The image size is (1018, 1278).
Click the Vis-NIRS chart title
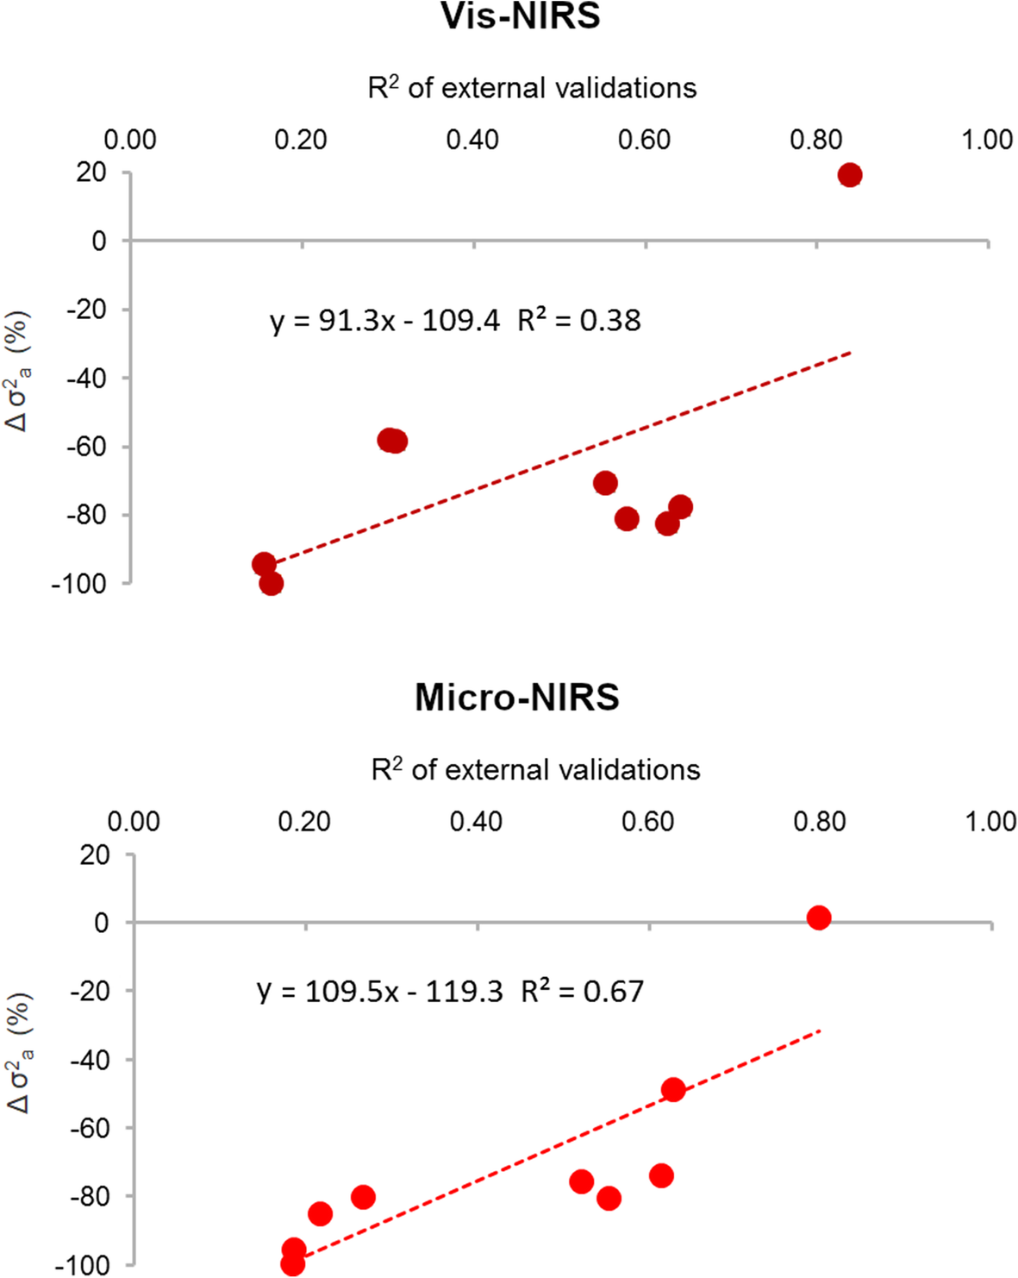tap(520, 16)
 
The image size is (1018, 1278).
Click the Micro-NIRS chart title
tap(516, 697)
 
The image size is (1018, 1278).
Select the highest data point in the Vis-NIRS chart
tap(850, 175)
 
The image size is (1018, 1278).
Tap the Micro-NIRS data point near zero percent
tap(819, 918)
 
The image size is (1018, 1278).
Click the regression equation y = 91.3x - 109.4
tap(384, 321)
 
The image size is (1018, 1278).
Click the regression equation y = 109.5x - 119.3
tap(379, 992)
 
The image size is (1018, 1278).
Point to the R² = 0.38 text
tap(578, 321)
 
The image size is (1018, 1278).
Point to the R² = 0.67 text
tap(582, 992)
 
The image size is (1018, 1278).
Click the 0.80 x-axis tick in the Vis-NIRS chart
tap(815, 140)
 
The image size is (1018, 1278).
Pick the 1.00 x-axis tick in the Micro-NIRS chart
tap(990, 822)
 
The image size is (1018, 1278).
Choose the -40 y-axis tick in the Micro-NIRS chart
tap(91, 1060)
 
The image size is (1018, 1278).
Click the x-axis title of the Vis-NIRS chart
tap(532, 88)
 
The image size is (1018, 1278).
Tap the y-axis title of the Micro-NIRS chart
tap(19, 1053)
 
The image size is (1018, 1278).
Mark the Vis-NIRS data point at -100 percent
tap(272, 584)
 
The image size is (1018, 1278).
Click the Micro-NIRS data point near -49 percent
tap(673, 1090)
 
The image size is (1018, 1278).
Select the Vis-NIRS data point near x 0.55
tap(605, 483)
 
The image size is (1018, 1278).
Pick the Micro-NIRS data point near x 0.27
tap(363, 1197)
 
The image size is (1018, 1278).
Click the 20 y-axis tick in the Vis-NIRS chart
tap(91, 172)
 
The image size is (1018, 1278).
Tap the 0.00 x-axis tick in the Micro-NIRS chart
tap(134, 822)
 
